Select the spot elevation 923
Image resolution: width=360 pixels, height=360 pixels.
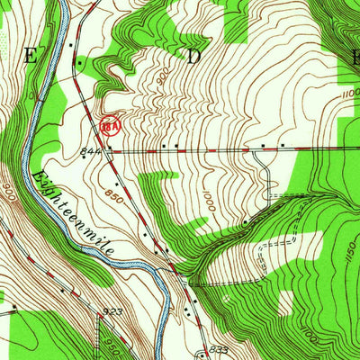(114, 311)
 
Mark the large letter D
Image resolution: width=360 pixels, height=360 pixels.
(193, 56)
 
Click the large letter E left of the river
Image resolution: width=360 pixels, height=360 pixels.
(31, 56)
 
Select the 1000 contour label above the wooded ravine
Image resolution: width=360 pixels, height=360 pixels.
(211, 198)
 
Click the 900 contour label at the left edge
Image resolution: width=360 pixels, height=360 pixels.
(8, 192)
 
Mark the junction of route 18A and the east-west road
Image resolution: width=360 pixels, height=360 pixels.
(110, 151)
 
